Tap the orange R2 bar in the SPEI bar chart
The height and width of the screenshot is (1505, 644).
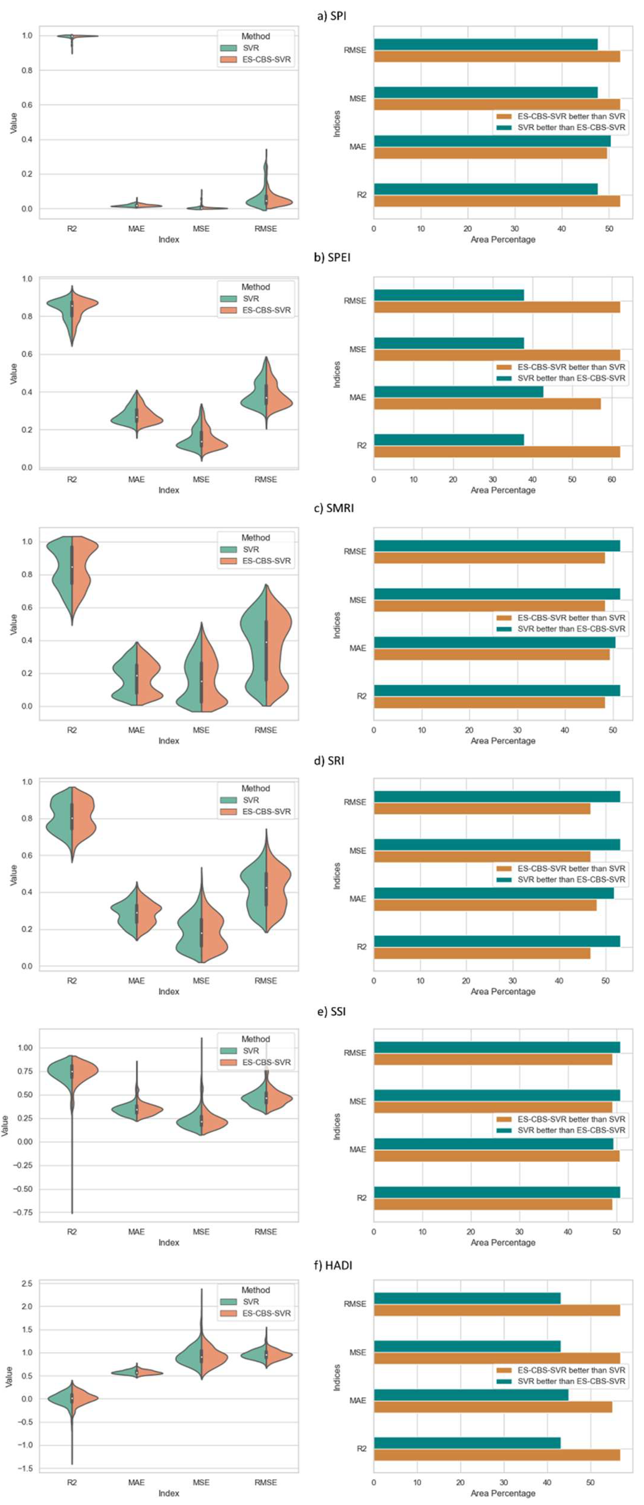pyautogui.click(x=496, y=452)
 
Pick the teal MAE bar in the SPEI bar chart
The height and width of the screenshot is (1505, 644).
pyautogui.click(x=458, y=391)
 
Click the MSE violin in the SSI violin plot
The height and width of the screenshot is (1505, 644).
pyautogui.click(x=201, y=1122)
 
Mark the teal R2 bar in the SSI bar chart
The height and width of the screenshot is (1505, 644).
pyautogui.click(x=496, y=1192)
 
